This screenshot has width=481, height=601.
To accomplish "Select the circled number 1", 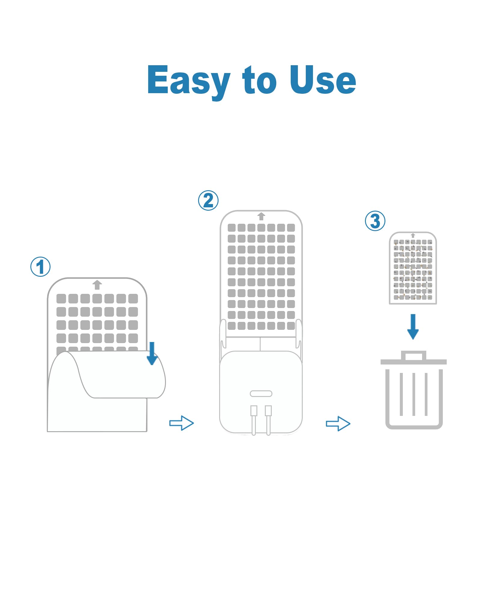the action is (x=41, y=267).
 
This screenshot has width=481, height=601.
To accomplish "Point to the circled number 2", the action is (x=208, y=200).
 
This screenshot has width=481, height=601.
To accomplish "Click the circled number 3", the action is (x=375, y=221).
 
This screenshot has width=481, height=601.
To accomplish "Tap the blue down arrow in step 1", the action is (x=152, y=353).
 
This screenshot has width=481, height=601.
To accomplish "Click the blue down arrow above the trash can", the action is (x=413, y=327).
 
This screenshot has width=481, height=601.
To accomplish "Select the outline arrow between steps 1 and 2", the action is (x=182, y=423).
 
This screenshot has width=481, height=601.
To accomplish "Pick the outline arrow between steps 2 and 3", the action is (x=338, y=423).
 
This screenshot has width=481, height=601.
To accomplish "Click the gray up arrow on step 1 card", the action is (x=97, y=285).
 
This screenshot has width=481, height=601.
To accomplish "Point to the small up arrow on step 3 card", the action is (x=413, y=236).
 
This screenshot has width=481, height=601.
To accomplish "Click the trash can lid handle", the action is (x=414, y=352).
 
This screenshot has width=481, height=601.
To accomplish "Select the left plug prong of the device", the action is (x=254, y=420).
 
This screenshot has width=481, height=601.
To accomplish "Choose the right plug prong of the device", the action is (x=268, y=420).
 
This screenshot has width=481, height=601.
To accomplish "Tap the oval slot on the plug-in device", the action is (x=261, y=394).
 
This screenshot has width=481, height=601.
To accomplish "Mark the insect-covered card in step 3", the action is (x=413, y=268).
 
